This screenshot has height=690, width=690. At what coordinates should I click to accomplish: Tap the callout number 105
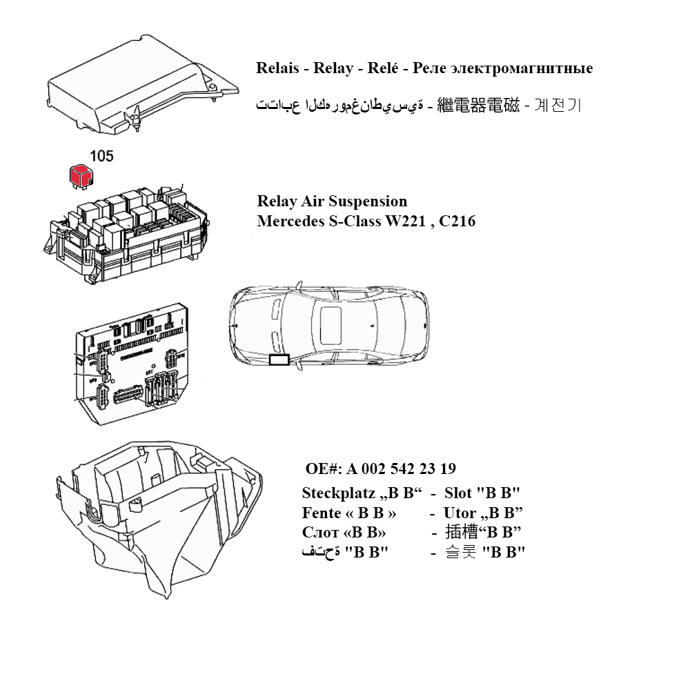[x=101, y=157]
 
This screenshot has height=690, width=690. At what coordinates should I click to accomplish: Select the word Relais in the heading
[x=278, y=68]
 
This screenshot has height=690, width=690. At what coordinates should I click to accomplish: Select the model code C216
[x=455, y=221]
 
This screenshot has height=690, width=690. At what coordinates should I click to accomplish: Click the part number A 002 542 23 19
[x=402, y=469]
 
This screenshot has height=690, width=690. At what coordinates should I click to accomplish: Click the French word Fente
[x=322, y=513]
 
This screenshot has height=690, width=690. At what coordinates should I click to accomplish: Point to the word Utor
[x=460, y=513]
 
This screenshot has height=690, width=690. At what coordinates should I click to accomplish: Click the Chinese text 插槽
[x=462, y=533]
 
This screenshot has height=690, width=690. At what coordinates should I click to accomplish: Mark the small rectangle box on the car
[x=279, y=360]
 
